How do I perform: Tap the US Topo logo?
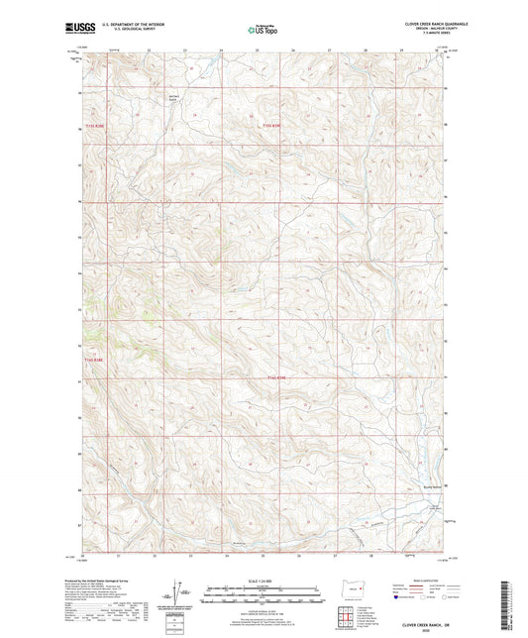263,30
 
